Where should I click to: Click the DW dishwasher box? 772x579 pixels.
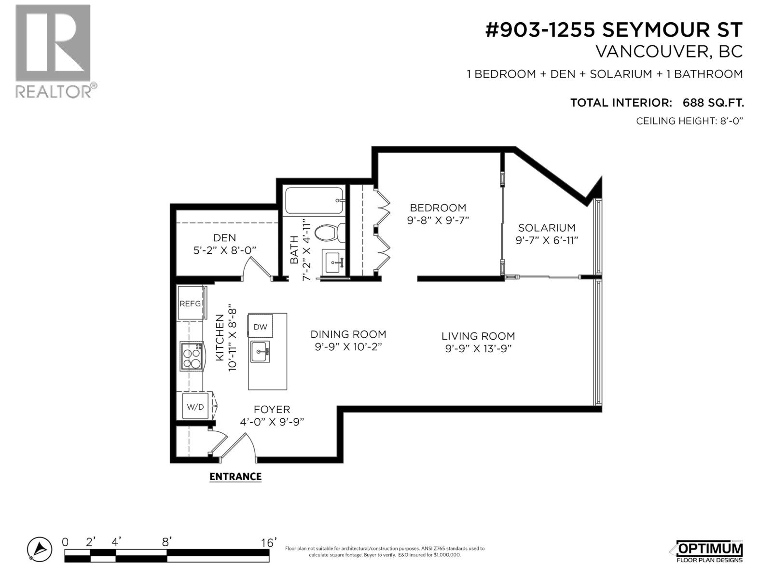tap(260, 326)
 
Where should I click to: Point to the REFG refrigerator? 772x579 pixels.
tap(190, 303)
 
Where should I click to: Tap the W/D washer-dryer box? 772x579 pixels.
tap(195, 406)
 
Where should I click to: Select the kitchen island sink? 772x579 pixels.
tap(261, 351)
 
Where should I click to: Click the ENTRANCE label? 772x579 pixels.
tap(235, 477)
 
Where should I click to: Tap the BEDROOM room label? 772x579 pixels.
tap(438, 208)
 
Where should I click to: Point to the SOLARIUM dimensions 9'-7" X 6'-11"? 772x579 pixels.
tap(547, 240)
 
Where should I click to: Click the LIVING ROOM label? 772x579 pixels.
tap(478, 336)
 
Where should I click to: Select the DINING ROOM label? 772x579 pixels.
tap(348, 334)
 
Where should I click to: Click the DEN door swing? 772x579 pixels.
tap(256, 268)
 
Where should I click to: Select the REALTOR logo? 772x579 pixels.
tap(54, 51)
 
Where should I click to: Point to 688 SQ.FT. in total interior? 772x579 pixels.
tap(713, 103)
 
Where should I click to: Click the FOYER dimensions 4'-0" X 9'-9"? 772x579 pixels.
tap(272, 422)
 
